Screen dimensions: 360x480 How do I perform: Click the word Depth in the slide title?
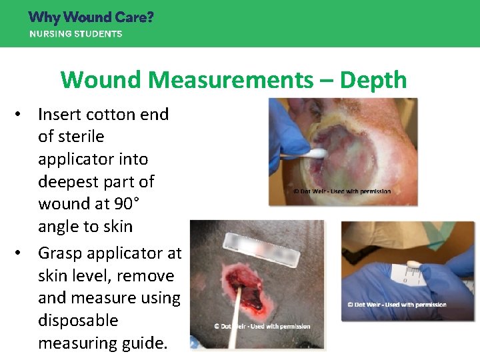point(373,80)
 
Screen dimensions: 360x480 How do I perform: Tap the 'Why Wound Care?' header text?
point(91,17)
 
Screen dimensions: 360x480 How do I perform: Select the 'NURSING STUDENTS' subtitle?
point(75,33)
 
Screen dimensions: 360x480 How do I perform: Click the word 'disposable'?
point(78,320)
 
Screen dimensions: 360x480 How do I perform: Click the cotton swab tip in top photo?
point(317,153)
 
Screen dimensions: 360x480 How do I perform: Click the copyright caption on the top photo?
point(342,192)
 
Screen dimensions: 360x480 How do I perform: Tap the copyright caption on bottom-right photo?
point(396,305)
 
